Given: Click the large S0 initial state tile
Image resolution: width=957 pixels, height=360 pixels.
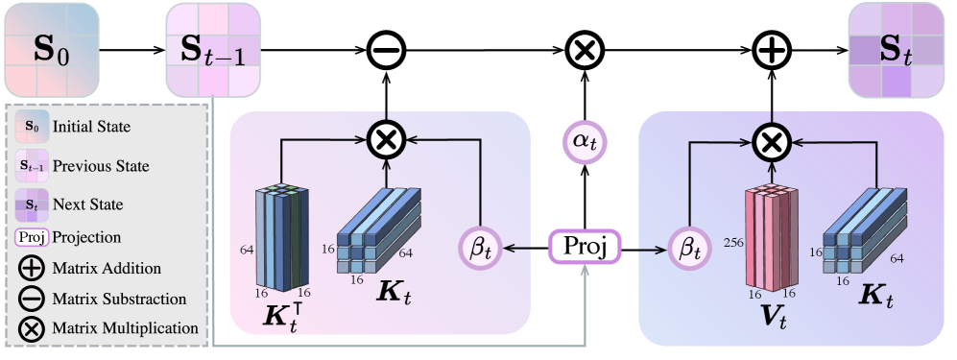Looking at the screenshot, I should click(x=50, y=49).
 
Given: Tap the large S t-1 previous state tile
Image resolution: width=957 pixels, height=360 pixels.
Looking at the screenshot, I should click(x=213, y=49).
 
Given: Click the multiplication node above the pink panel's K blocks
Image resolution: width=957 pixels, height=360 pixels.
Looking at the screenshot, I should click(x=385, y=140).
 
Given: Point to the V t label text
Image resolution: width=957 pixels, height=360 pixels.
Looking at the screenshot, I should click(x=768, y=318).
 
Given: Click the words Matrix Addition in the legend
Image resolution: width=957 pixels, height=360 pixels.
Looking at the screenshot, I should click(x=107, y=268).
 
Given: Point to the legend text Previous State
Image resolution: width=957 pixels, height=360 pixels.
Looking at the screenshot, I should click(x=101, y=166).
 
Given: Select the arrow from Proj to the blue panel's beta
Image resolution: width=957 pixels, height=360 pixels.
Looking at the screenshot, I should click(x=643, y=250).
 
